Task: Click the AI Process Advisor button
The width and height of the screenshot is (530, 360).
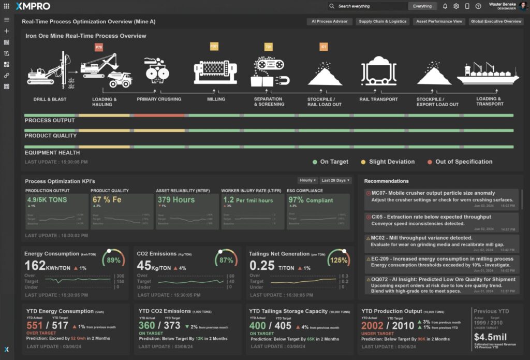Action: pyautogui.click(x=330, y=22)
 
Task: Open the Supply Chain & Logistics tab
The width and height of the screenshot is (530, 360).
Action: pyautogui.click(x=383, y=22)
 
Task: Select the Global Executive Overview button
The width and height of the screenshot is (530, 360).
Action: pyautogui.click(x=496, y=22)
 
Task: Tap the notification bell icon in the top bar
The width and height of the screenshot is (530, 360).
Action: pyautogui.click(x=445, y=6)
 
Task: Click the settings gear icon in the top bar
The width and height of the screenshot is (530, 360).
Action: pyautogui.click(x=456, y=6)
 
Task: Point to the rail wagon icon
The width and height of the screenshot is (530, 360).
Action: pyautogui.click(x=379, y=70)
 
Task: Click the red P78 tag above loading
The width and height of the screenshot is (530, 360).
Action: pyautogui.click(x=99, y=48)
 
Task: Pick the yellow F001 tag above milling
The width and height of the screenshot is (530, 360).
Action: pyautogui.click(x=214, y=47)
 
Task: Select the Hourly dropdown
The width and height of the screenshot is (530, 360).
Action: pyautogui.click(x=307, y=180)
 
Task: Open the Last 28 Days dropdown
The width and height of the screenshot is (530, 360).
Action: pyautogui.click(x=335, y=180)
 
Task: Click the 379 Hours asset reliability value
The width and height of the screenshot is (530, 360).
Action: pyautogui.click(x=176, y=199)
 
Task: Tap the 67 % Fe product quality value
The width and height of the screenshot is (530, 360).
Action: pyautogui.click(x=107, y=199)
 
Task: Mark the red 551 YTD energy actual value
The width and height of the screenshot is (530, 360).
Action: pyautogui.click(x=35, y=326)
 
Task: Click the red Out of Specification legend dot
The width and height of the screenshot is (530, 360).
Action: pyautogui.click(x=430, y=162)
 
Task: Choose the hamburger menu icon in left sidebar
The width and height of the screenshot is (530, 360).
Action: pyautogui.click(x=7, y=20)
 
